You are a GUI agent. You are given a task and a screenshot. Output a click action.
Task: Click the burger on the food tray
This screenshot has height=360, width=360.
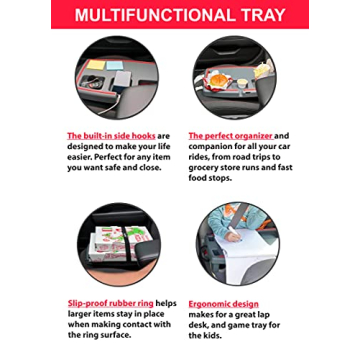216,78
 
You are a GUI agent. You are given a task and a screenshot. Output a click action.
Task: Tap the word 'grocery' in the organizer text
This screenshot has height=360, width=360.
206,167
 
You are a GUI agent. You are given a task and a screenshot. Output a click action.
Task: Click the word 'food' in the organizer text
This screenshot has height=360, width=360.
200,178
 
